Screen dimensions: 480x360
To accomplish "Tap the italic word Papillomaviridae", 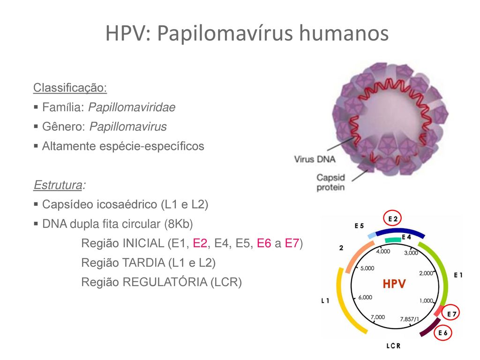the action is [132, 107].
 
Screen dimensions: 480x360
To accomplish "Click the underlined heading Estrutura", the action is [58, 185].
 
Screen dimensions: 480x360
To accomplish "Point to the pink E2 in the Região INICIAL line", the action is [200, 243].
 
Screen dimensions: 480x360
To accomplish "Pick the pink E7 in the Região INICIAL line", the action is [292, 243].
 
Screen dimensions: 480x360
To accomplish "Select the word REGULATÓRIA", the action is [165, 282].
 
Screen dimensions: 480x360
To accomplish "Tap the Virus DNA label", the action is [315, 159].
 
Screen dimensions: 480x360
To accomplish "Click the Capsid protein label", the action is [330, 182].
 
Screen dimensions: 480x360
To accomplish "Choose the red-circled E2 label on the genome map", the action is [392, 218].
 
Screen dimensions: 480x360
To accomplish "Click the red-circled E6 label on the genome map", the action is [442, 333].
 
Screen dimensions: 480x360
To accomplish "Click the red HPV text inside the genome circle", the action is [394, 284].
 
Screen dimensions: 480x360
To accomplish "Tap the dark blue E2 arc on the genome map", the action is [400, 231].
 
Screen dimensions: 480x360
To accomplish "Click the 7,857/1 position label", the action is [409, 319].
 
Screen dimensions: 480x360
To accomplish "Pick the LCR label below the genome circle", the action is [393, 346].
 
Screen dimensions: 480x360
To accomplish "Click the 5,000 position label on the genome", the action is [367, 269].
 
